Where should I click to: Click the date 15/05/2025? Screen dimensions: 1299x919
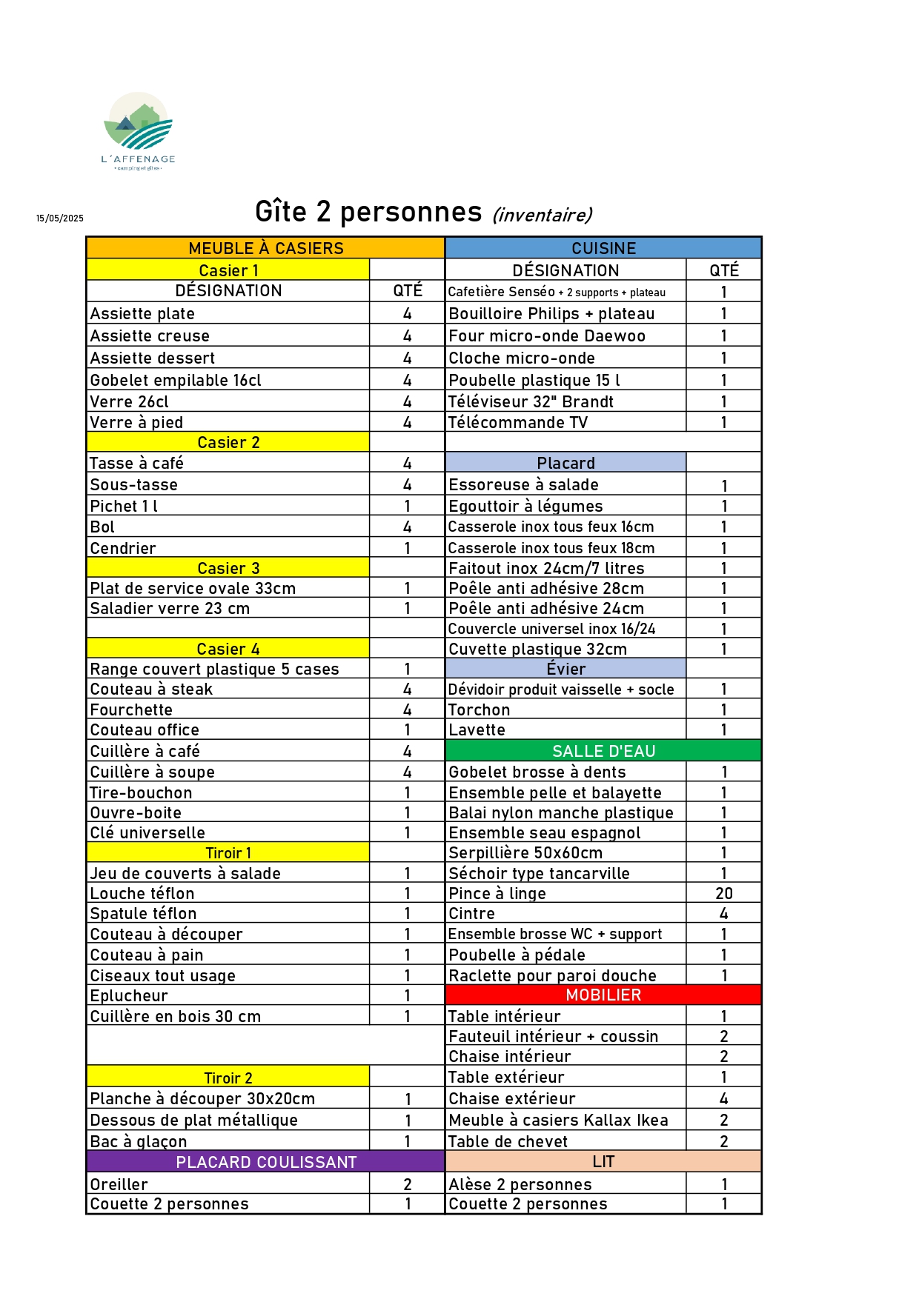pyautogui.click(x=60, y=218)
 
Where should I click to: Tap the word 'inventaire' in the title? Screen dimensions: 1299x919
pyautogui.click(x=542, y=215)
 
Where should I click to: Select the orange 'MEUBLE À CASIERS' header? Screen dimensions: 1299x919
pyautogui.click(x=265, y=248)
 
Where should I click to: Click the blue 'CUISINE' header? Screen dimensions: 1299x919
pyautogui.click(x=603, y=248)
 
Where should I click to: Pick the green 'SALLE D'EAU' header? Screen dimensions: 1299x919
pyautogui.click(x=603, y=751)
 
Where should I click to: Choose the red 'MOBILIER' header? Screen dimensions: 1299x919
pyautogui.click(x=603, y=995)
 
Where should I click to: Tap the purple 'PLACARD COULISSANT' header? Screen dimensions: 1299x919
pyautogui.click(x=265, y=1162)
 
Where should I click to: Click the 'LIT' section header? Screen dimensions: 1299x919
pyautogui.click(x=603, y=1161)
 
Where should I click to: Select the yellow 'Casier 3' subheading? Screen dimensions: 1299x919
pyautogui.click(x=228, y=568)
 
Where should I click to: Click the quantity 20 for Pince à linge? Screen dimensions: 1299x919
pyautogui.click(x=723, y=894)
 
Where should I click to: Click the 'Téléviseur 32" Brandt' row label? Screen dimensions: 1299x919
pyautogui.click(x=531, y=401)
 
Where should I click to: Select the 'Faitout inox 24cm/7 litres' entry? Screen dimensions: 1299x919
pyautogui.click(x=546, y=568)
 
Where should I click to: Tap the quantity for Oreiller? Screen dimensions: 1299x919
pyautogui.click(x=407, y=1184)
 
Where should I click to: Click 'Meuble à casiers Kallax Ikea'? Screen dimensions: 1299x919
pyautogui.click(x=558, y=1120)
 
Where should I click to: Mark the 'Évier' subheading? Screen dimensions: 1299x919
pyautogui.click(x=565, y=669)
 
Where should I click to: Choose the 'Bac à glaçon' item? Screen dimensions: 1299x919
pyautogui.click(x=139, y=1141)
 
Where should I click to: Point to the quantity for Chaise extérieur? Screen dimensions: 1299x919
pyautogui.click(x=723, y=1098)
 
